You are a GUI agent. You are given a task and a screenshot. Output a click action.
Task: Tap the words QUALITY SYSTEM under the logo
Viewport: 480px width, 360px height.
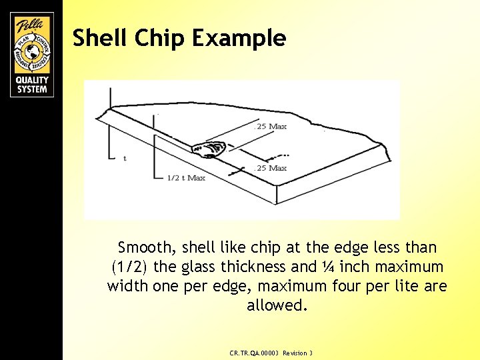(x=31, y=84)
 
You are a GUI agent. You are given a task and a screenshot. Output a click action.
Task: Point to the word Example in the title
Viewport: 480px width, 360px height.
(x=239, y=39)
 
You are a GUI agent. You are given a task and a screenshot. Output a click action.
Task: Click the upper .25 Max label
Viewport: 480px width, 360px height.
(x=271, y=127)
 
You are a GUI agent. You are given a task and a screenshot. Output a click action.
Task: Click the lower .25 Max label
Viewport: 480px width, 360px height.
(x=271, y=168)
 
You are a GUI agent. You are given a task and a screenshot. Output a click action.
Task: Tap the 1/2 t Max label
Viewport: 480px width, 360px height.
(x=185, y=178)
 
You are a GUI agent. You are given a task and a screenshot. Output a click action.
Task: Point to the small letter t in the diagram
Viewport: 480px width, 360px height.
(x=125, y=158)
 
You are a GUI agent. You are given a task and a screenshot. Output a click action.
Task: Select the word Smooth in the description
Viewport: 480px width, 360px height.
(x=146, y=248)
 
